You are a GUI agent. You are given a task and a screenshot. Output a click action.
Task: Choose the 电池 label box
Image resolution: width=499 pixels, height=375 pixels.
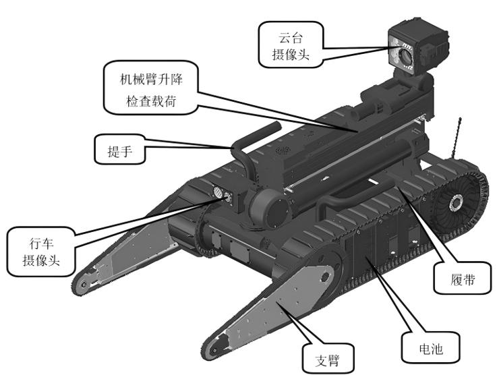[430, 348]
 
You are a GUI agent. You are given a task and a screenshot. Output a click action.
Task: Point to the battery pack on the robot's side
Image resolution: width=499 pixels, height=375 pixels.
[378, 253]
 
